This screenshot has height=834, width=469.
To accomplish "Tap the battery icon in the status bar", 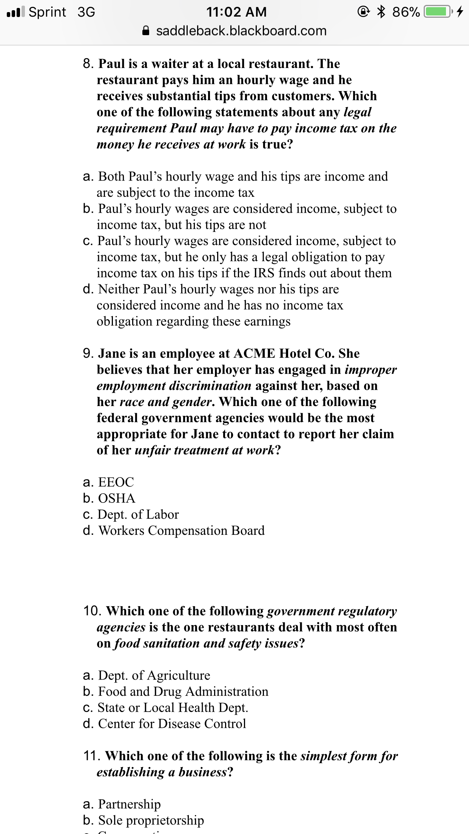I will pos(438,12).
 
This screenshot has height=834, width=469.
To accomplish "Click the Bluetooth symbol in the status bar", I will pos(381,12).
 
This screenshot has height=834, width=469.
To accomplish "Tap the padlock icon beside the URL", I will pos(146,31).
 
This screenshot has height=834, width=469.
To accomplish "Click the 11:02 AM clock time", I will pos(236,12).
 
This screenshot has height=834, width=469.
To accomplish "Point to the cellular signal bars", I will pos(15,12).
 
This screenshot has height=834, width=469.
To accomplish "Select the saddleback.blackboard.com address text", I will pos(241,31).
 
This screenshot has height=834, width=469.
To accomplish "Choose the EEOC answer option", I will pos(116,482).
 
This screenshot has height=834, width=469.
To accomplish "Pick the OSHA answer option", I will pos(116,498).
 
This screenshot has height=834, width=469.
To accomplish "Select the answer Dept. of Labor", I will pos(138,514).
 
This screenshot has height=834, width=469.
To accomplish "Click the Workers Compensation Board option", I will pos(181,530).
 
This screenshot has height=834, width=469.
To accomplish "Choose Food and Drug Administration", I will pos(183,691).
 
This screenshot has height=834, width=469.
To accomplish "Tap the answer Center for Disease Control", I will pos(172,723).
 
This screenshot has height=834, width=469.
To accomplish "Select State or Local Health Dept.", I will pos(173,707).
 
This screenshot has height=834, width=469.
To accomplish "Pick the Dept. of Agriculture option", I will pos(154,675).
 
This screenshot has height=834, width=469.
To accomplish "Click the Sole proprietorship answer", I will pos(151,820).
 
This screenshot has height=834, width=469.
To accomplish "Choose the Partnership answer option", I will pos(129,804).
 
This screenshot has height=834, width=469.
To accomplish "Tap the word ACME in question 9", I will pos(254,354).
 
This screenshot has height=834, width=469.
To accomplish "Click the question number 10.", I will pos(92,611).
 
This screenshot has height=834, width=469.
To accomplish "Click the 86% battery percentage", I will pos(406,12).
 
